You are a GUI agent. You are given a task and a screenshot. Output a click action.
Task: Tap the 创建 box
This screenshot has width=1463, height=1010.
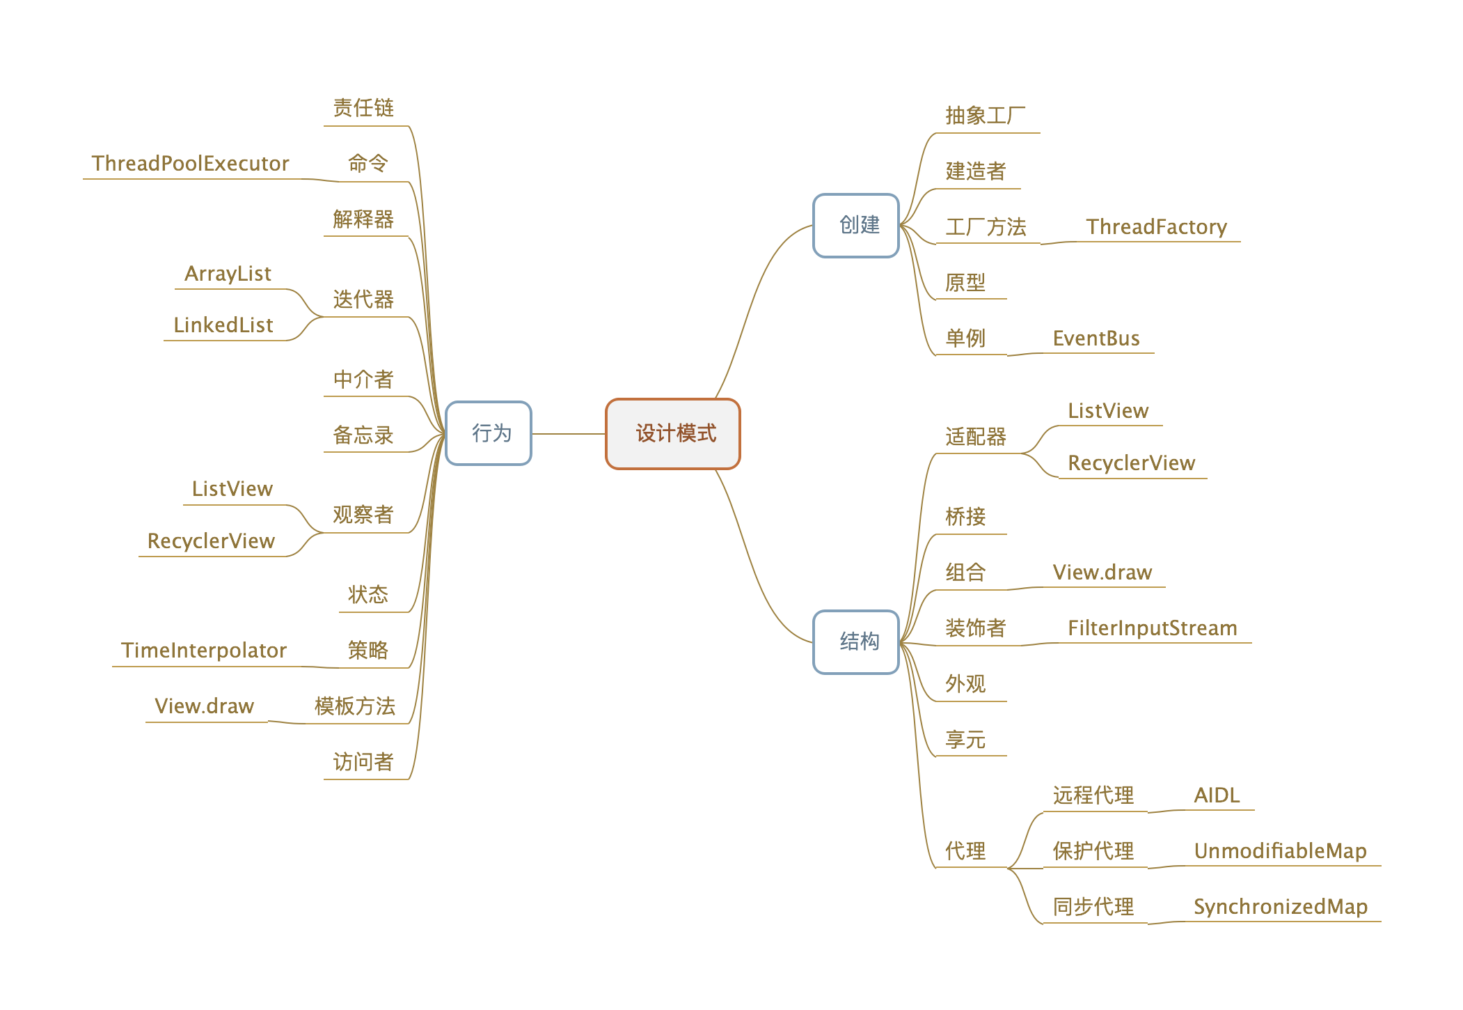(856, 225)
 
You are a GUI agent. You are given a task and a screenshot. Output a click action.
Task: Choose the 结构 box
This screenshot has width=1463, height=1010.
(856, 642)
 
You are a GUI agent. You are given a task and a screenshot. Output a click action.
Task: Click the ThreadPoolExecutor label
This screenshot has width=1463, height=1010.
(190, 164)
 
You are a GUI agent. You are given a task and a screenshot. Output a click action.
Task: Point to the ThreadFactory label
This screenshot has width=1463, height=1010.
(1156, 227)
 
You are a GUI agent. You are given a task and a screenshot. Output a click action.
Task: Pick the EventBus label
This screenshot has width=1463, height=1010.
(1096, 339)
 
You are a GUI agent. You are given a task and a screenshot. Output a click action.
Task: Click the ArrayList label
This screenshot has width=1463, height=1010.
(228, 274)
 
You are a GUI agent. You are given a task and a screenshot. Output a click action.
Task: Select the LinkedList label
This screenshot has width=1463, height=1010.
(223, 325)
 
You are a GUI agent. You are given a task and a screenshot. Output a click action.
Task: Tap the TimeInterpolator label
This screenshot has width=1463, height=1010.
(203, 651)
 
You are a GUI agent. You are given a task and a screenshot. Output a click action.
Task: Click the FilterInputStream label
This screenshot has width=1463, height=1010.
(1152, 628)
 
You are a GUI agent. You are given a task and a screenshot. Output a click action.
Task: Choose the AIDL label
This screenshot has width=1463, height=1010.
(1217, 795)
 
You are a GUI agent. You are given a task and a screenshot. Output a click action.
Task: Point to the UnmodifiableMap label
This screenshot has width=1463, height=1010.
(1280, 851)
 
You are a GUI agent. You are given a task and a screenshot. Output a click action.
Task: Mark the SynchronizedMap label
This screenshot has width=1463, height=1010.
(1280, 907)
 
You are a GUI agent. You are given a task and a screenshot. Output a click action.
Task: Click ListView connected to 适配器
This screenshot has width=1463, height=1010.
(1108, 411)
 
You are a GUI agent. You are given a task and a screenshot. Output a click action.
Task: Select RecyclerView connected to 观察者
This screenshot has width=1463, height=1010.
(211, 541)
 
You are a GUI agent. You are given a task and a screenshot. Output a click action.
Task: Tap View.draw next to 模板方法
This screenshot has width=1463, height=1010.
(204, 706)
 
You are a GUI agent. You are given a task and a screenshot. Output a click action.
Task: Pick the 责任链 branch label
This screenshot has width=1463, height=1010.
(363, 108)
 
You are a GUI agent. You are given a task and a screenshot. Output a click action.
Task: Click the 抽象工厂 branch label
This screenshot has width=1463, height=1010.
(985, 116)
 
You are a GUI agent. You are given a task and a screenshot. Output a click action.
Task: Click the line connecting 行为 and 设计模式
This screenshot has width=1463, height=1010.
(569, 434)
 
